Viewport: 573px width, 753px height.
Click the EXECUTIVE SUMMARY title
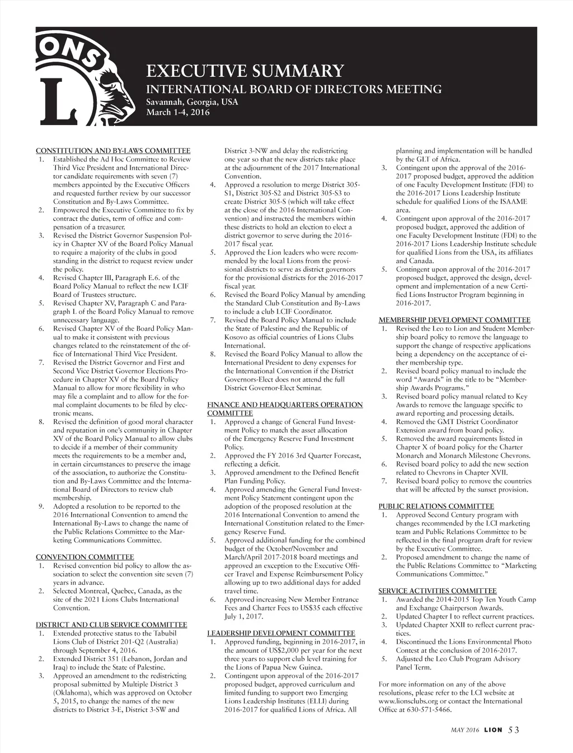[245, 71]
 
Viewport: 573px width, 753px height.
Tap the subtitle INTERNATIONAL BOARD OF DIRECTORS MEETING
[294, 90]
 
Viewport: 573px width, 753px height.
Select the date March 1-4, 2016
[178, 113]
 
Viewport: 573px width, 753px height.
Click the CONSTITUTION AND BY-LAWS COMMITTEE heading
[113, 151]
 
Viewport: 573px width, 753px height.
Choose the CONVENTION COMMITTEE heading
[84, 557]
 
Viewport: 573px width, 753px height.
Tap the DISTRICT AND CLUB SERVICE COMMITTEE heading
[111, 625]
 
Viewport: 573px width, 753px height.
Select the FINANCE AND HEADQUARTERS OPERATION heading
[285, 405]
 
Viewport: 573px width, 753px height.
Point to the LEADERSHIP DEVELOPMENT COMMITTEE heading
[281, 633]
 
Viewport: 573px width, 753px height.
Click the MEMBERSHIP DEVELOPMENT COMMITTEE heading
[454, 320]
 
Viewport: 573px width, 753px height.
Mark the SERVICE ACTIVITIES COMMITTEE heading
[438, 591]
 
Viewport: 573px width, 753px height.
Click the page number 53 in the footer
[514, 730]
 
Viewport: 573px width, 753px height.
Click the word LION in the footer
[493, 730]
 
